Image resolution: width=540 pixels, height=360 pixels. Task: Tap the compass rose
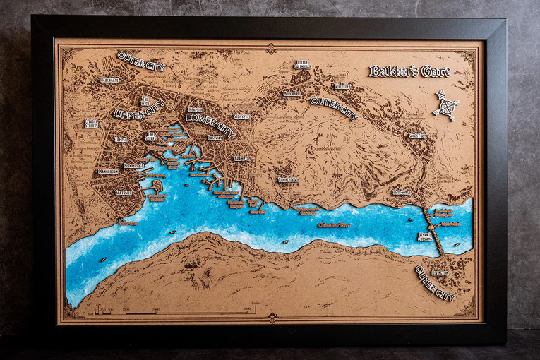tap(446, 107)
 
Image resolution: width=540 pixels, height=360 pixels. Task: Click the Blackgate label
tap(109, 80)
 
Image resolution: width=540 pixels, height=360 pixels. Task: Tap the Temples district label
tap(121, 140)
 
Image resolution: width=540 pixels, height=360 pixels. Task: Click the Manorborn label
tap(108, 171)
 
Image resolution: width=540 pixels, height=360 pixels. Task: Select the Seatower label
tap(124, 192)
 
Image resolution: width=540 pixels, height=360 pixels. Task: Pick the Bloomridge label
tap(134, 165)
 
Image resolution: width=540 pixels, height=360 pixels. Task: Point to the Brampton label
tap(243, 159)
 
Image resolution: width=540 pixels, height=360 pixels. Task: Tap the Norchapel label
tap(292, 93)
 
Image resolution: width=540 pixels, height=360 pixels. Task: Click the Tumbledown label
tap(288, 179)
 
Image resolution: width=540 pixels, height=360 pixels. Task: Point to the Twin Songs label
tap(402, 191)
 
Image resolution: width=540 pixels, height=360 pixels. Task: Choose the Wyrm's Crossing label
tap(424, 236)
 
